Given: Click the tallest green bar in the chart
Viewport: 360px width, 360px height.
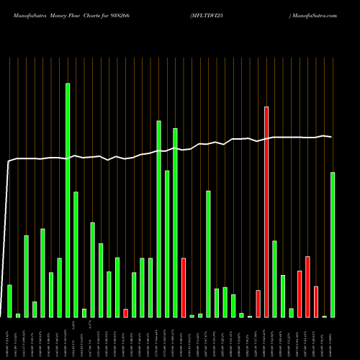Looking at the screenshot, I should pyautogui.click(x=68, y=200).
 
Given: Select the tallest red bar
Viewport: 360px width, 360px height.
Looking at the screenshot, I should pyautogui.click(x=266, y=212).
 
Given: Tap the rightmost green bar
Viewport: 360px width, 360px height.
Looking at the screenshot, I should pyautogui.click(x=333, y=245).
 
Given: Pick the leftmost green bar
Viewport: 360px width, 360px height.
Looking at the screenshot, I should pyautogui.click(x=9, y=301).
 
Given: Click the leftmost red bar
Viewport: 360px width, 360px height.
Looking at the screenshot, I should pyautogui.click(x=126, y=313).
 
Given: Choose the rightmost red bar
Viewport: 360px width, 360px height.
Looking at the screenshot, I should pyautogui.click(x=316, y=302).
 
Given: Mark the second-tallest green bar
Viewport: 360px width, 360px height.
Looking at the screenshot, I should pyautogui.click(x=159, y=219).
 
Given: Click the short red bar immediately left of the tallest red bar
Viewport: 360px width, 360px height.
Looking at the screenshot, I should pyautogui.click(x=258, y=304).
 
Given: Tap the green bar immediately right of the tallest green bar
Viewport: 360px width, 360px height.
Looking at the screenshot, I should pyautogui.click(x=76, y=254).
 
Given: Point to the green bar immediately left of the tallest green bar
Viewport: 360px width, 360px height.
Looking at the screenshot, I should pyautogui.click(x=59, y=287).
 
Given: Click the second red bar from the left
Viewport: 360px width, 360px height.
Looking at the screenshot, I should pyautogui.click(x=184, y=287).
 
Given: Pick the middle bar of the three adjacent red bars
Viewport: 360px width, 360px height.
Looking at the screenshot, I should pyautogui.click(x=307, y=287).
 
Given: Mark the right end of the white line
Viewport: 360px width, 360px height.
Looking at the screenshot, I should pyautogui.click(x=332, y=137).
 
